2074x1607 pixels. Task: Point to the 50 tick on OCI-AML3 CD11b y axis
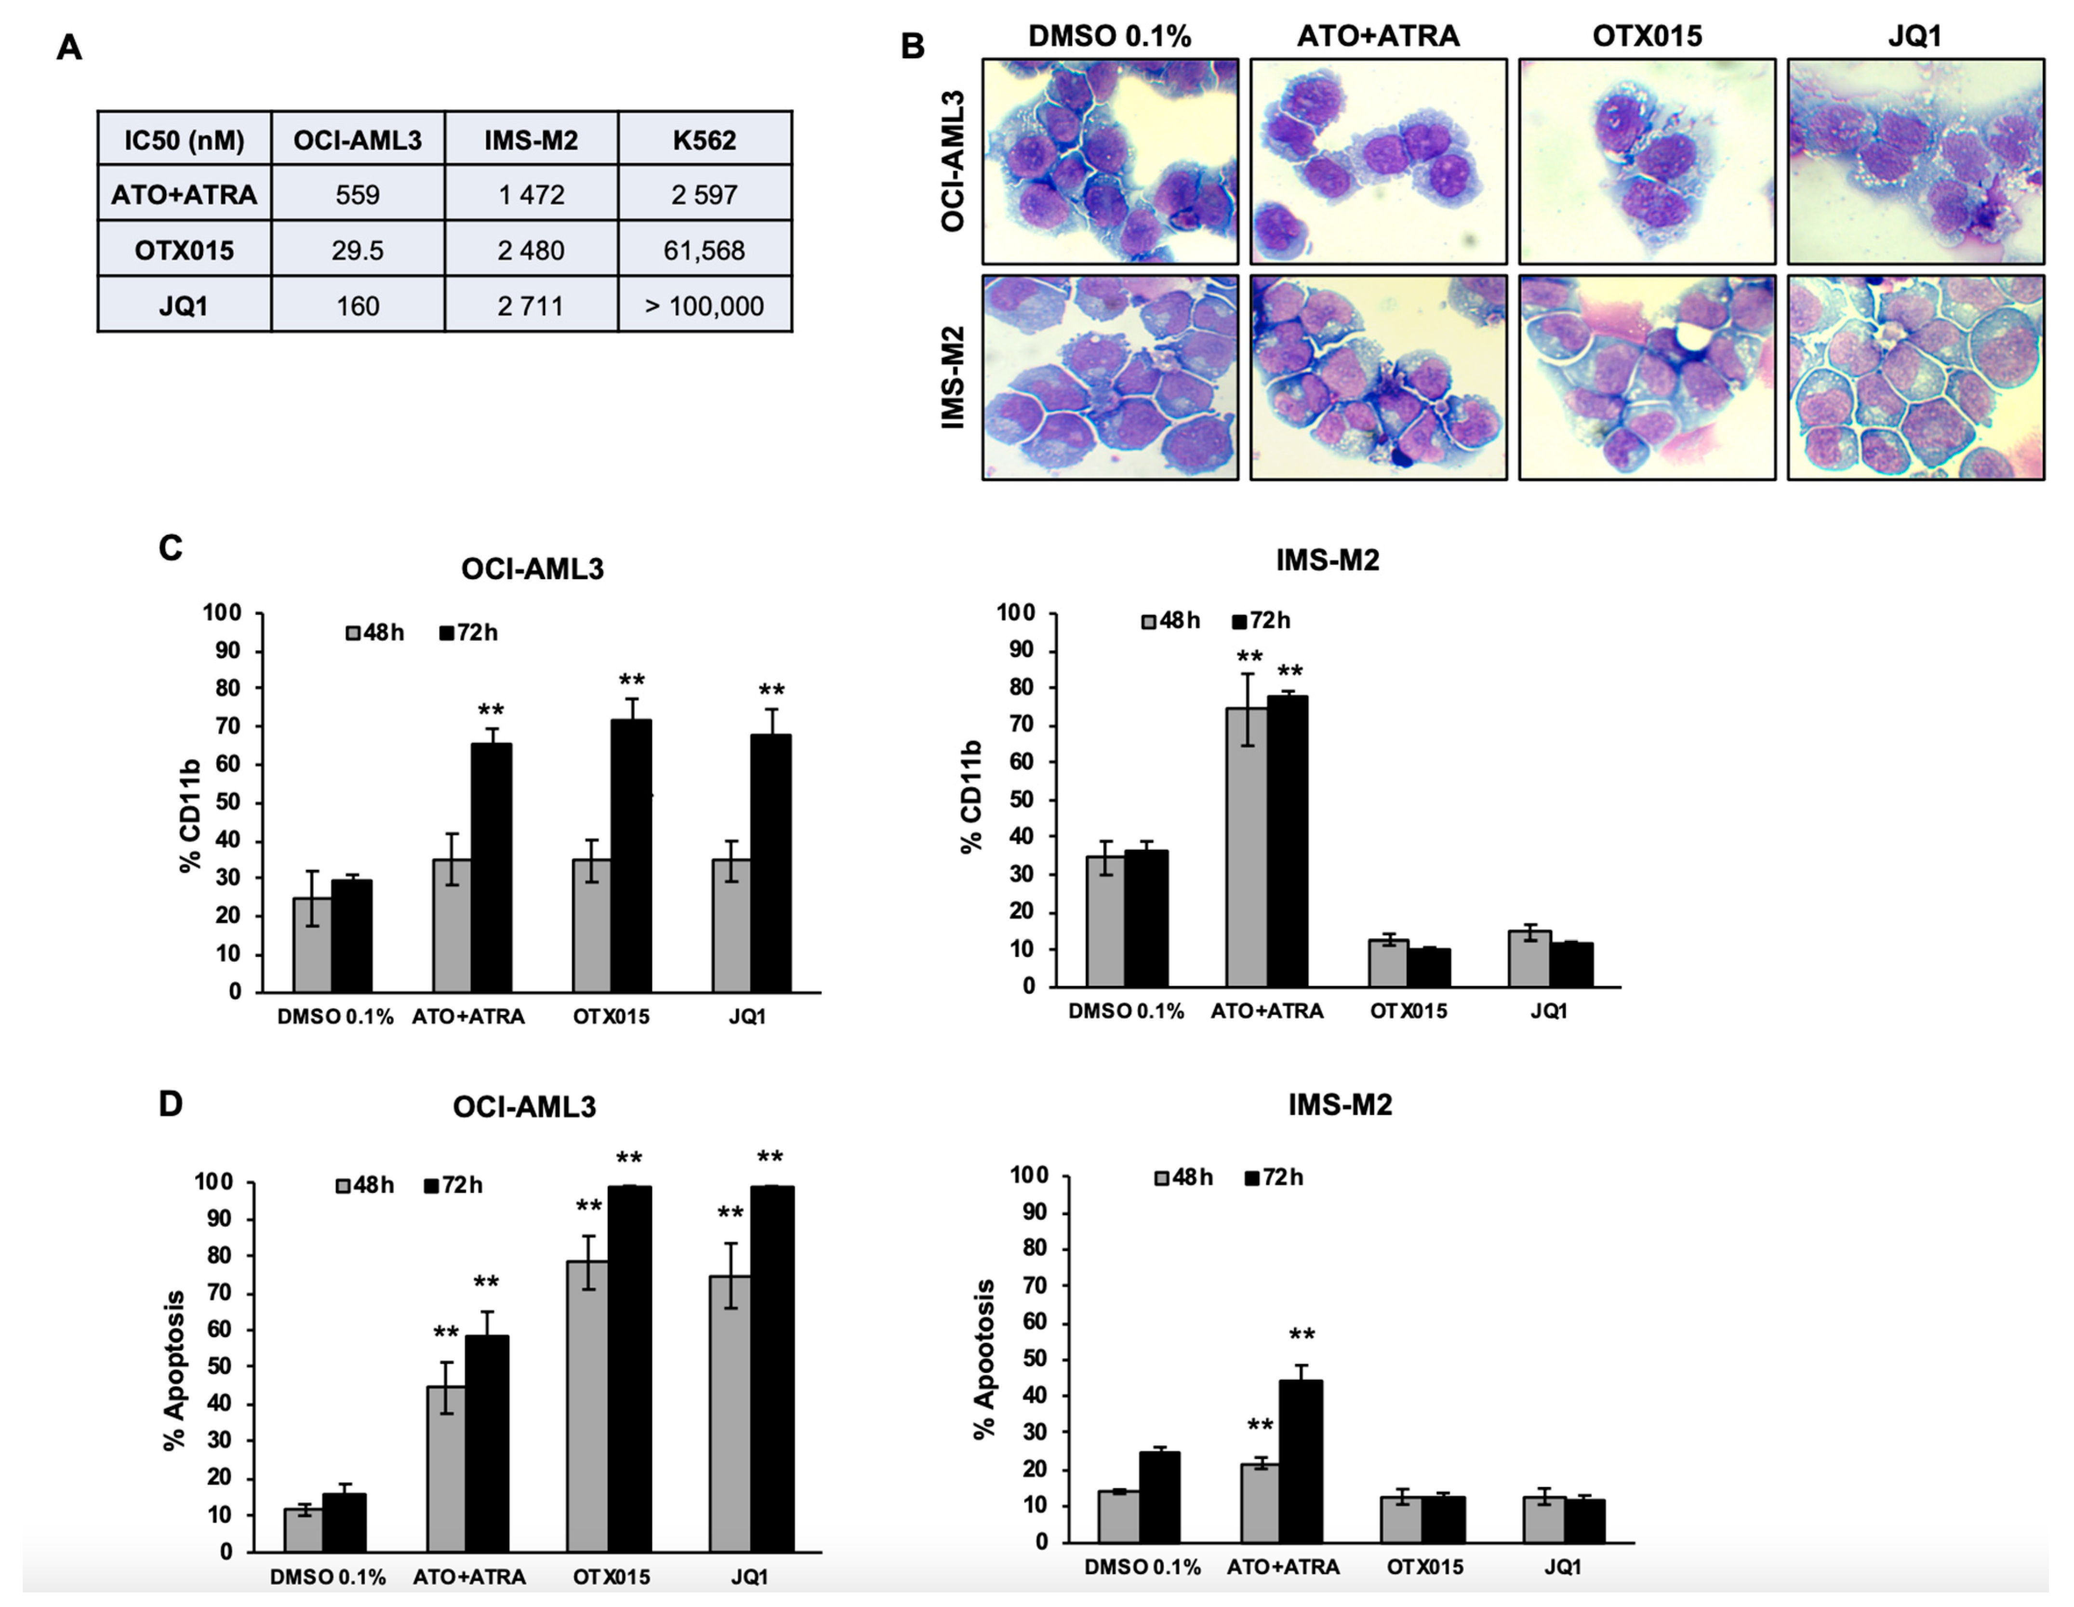tap(229, 803)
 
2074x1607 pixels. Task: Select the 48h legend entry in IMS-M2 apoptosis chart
tap(1183, 1178)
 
